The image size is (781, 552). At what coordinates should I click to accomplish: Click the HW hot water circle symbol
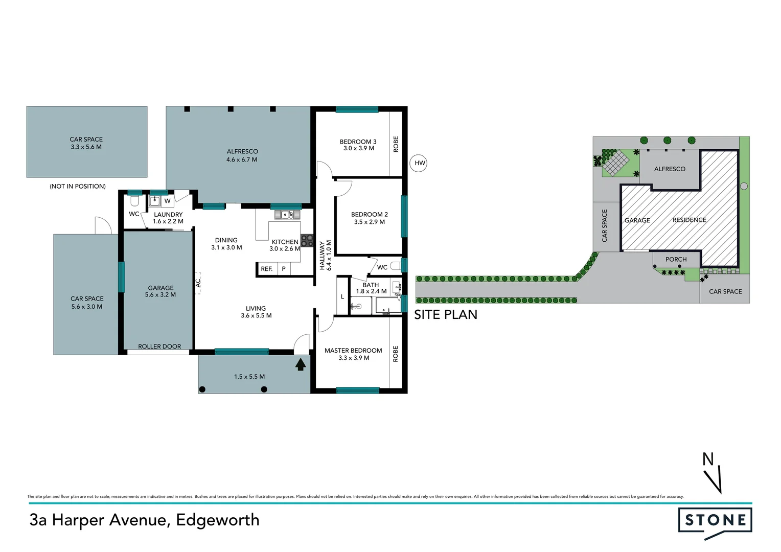[x=419, y=163]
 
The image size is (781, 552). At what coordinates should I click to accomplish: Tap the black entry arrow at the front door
[x=301, y=364]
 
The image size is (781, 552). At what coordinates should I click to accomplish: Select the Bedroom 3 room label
[x=358, y=142]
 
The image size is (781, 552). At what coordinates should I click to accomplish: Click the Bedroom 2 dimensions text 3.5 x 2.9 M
[x=369, y=222]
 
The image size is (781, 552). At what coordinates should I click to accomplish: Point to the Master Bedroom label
[x=353, y=351]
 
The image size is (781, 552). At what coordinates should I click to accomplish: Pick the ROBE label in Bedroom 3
[x=396, y=144]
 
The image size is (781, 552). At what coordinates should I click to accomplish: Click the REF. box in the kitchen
[x=266, y=269]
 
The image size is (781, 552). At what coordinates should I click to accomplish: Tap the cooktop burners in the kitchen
[x=307, y=241]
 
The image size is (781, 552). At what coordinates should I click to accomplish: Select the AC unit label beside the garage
[x=198, y=282]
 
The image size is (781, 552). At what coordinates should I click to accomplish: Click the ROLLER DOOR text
[x=159, y=347]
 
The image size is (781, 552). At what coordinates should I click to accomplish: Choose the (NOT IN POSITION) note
[x=78, y=186]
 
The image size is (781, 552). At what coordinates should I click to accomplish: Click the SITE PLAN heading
[x=446, y=315]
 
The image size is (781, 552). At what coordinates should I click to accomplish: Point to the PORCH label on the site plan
[x=676, y=259]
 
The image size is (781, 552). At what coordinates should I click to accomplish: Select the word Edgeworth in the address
[x=218, y=520]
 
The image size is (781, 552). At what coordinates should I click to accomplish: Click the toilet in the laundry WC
[x=135, y=200]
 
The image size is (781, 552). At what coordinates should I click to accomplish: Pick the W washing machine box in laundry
[x=167, y=201]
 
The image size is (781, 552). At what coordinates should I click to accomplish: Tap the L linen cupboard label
[x=342, y=296]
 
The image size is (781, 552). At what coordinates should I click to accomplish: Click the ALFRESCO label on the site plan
[x=670, y=169]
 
